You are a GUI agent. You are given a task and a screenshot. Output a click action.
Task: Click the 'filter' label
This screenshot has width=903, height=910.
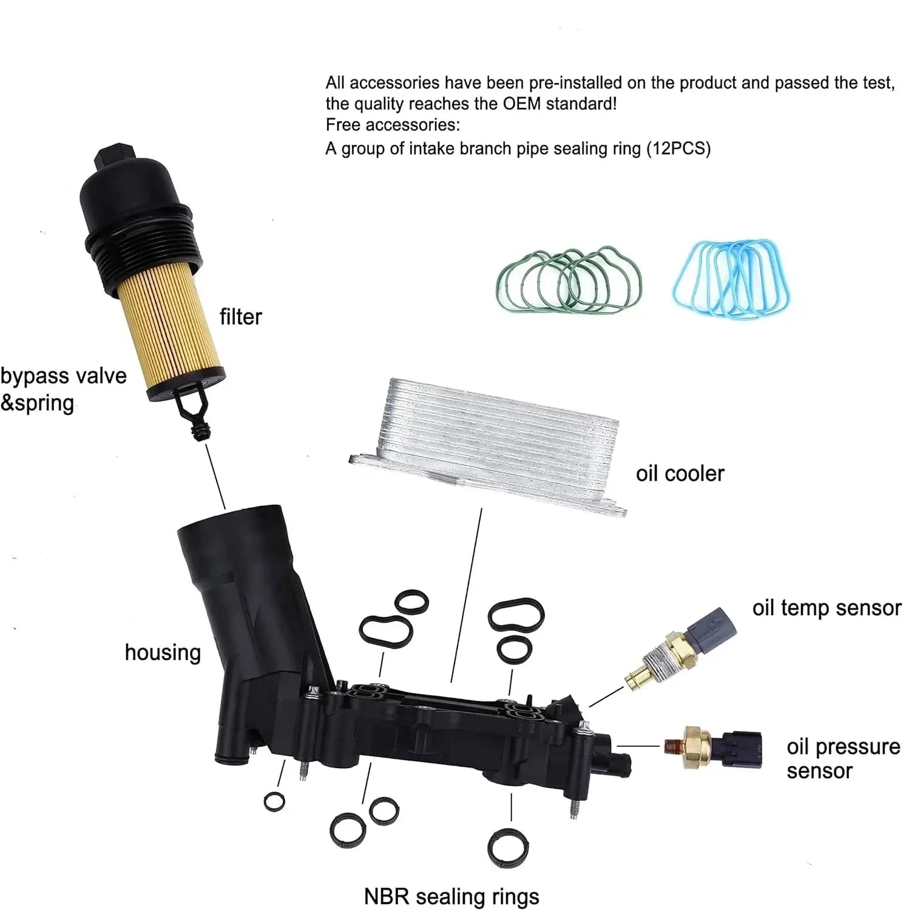(240, 317)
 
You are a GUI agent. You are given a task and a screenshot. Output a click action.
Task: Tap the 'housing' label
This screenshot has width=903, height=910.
(163, 653)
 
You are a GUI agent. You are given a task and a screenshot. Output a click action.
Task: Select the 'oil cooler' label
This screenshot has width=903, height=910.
(680, 474)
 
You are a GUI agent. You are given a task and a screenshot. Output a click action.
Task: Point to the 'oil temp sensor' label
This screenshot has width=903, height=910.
(827, 608)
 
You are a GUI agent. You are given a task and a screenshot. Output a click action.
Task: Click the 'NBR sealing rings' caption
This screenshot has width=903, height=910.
(451, 896)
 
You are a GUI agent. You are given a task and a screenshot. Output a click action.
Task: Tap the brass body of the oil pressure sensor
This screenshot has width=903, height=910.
(697, 746)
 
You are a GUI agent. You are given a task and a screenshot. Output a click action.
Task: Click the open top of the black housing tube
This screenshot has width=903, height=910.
(231, 522)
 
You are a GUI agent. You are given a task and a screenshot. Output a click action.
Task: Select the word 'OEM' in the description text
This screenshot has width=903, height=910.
(521, 104)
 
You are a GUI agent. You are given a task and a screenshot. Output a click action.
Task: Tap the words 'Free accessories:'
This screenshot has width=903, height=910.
(393, 126)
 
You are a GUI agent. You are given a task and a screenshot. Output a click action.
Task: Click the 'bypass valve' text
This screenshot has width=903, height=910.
(63, 377)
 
